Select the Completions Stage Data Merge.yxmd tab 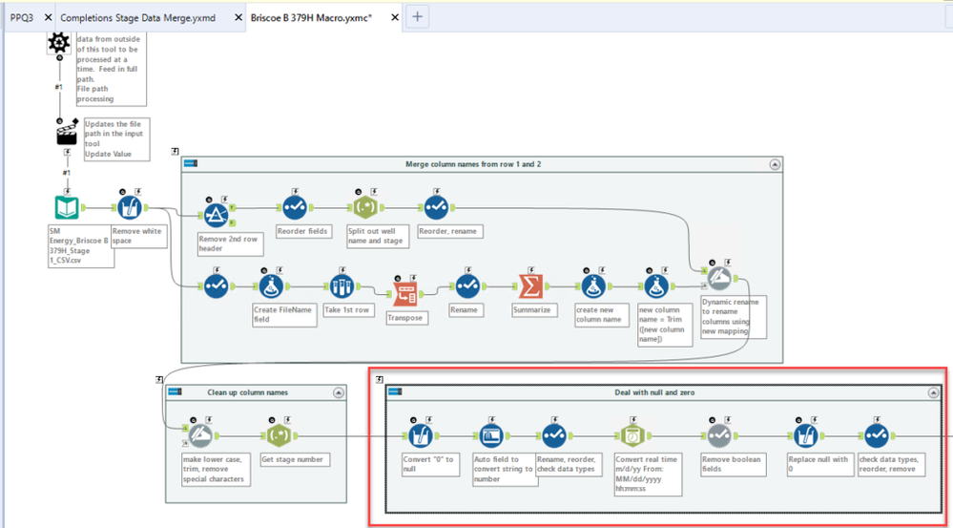coord(137,17)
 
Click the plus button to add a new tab coord(418,16)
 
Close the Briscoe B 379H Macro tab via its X coord(392,17)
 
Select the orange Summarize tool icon coord(529,285)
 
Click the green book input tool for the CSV coord(65,208)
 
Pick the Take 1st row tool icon coord(340,285)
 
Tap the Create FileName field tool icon coord(271,285)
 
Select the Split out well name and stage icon coord(363,207)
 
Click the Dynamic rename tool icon coord(720,276)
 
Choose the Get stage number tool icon coord(280,436)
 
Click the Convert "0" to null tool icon coord(420,435)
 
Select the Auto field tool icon coord(492,435)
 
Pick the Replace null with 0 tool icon coord(805,435)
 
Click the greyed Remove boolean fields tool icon coord(719,435)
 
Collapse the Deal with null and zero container coord(934,392)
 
